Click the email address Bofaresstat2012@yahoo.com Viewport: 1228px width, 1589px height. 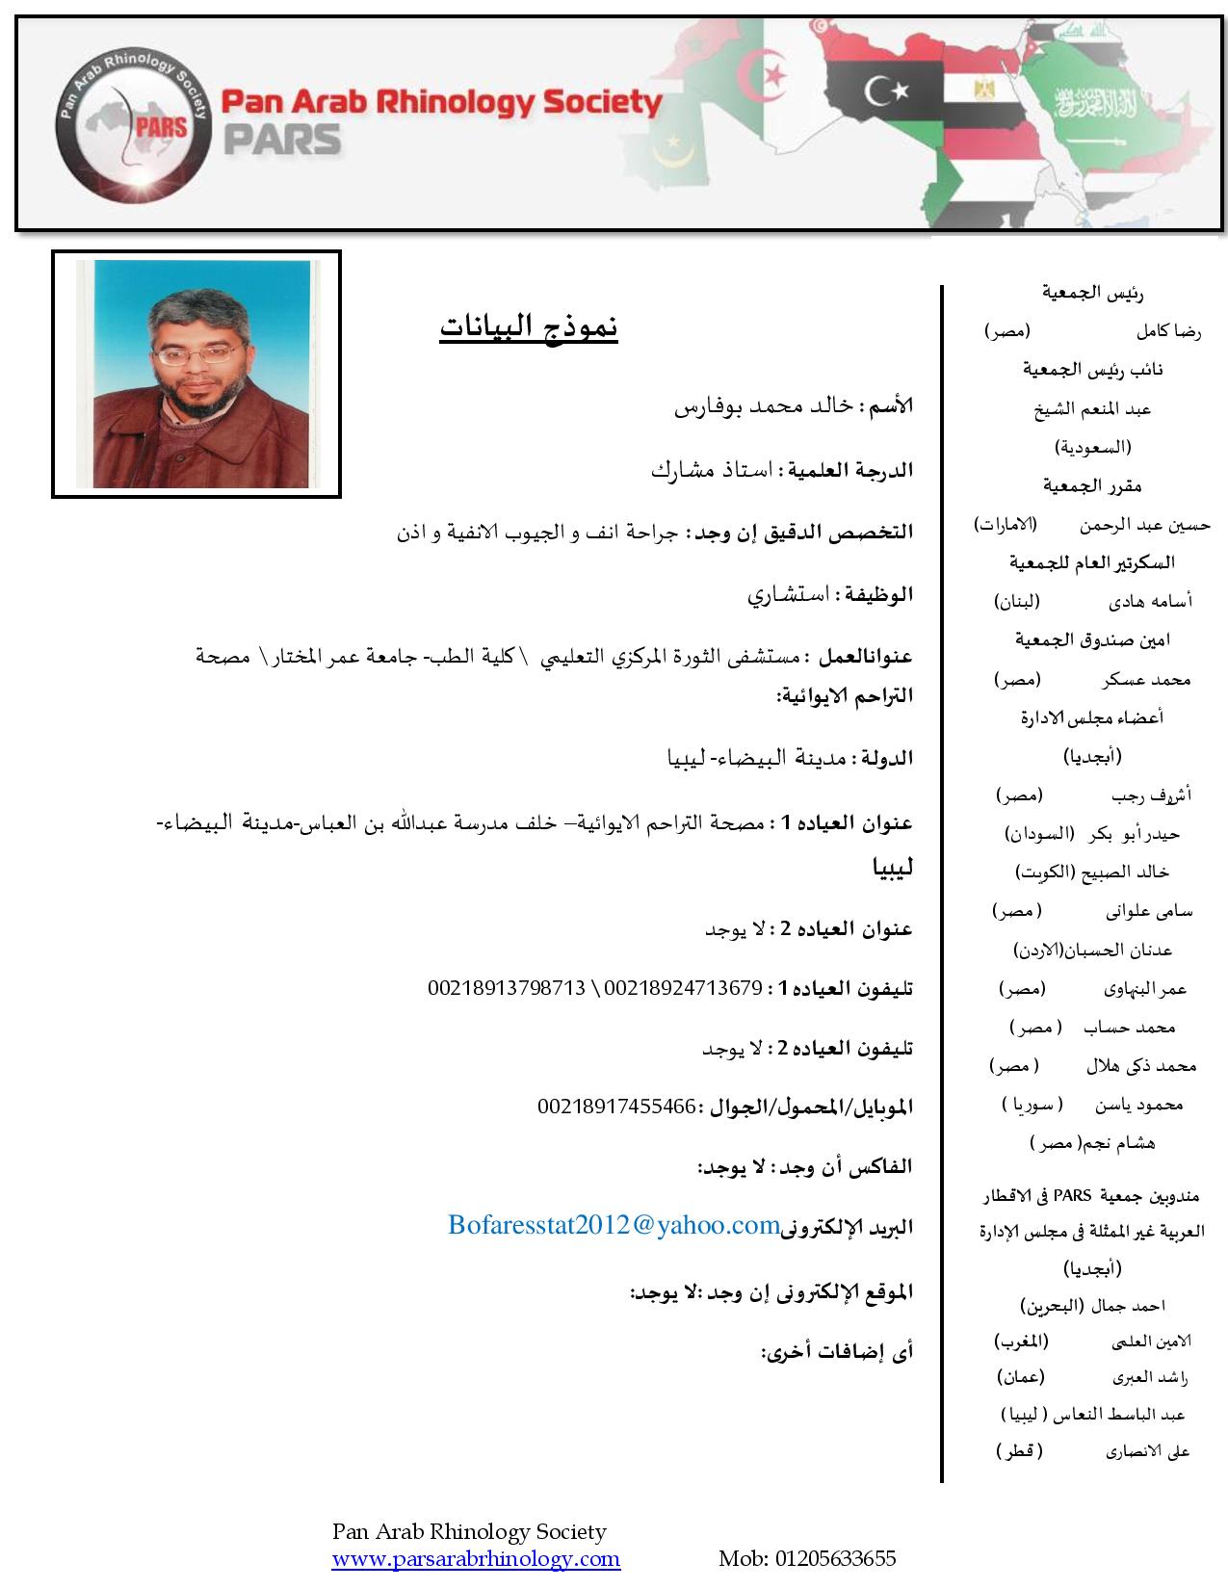[614, 1225]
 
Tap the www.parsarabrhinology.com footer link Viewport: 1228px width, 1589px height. [476, 1559]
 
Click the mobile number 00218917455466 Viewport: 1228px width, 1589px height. [616, 1107]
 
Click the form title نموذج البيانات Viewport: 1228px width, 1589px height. [529, 327]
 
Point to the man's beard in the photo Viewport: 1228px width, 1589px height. [197, 392]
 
